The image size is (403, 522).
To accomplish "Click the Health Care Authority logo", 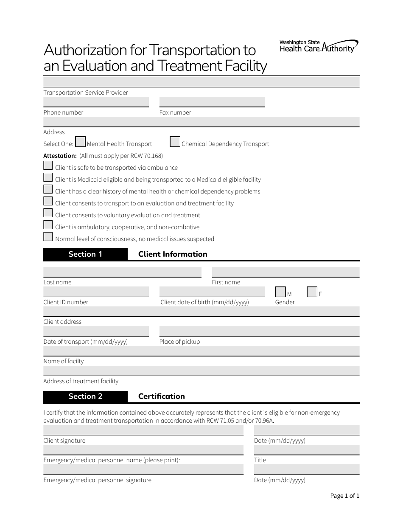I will (319, 47).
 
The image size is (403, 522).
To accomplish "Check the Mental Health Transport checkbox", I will (80, 142).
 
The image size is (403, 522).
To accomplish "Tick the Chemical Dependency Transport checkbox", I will (175, 142).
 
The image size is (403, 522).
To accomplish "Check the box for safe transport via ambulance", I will (48, 166).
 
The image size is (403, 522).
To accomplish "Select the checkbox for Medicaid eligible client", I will (48, 177).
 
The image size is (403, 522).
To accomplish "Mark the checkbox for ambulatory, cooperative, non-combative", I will (48, 225).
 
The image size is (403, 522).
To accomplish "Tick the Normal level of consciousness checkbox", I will (48, 237).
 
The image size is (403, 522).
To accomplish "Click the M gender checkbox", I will (280, 292).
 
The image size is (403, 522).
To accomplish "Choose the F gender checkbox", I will (312, 292).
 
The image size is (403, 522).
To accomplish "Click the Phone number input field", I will (96, 102).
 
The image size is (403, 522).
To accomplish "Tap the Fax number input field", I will (212, 102).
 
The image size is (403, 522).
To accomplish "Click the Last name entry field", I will (122, 272).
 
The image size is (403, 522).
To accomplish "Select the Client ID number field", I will (96, 292).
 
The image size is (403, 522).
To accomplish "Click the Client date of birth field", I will (212, 292).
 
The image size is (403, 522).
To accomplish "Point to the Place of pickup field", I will (259, 331).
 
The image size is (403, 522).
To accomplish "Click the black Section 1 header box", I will (85, 254).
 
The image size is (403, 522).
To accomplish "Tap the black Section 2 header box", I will (85, 396).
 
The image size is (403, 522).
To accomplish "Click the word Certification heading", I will (162, 396).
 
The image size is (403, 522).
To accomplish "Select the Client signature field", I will (143, 430).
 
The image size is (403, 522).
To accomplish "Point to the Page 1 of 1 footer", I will (344, 496).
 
